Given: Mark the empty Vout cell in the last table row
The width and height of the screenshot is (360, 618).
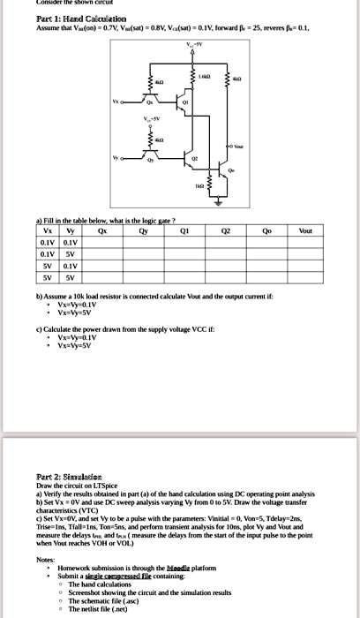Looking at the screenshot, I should pyautogui.click(x=305, y=275).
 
